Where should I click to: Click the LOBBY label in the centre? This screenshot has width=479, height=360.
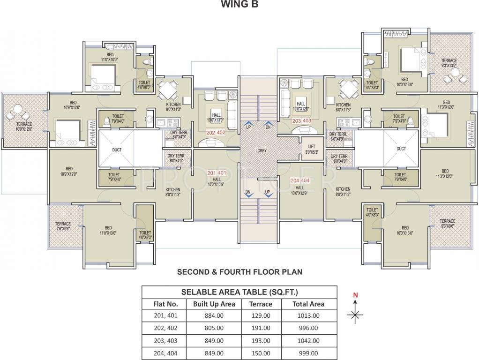[261, 151]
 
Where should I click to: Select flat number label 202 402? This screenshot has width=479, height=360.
[217, 133]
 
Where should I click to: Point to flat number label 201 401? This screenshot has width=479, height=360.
[217, 173]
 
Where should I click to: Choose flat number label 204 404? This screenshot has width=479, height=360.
[300, 181]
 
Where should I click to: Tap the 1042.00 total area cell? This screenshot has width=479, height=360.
[308, 341]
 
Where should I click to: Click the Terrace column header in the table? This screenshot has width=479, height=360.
[260, 304]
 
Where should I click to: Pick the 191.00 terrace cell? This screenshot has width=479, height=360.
[260, 328]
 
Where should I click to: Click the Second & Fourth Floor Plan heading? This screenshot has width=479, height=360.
[239, 271]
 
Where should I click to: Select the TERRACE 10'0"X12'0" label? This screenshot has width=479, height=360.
[23, 127]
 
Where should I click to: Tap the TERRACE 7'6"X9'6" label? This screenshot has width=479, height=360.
[63, 226]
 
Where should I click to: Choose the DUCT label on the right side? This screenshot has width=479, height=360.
[401, 149]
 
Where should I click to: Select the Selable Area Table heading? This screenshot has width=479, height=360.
[239, 292]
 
